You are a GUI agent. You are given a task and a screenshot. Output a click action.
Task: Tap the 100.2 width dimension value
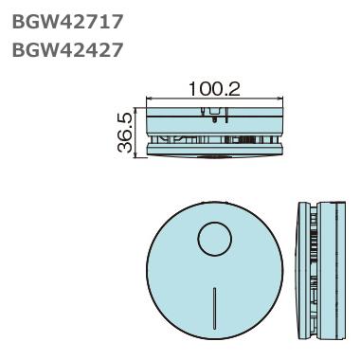point(214,89)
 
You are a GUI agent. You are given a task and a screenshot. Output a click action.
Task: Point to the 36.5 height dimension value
point(124,133)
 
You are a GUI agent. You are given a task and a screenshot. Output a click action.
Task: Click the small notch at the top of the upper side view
point(215,115)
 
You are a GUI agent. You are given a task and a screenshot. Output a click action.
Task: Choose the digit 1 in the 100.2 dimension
point(192,89)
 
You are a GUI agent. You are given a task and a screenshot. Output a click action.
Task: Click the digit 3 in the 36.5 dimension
point(124,148)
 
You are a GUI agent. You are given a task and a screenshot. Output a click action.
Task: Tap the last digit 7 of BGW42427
point(117,50)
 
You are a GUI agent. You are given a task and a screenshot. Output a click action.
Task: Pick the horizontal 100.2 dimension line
point(215,99)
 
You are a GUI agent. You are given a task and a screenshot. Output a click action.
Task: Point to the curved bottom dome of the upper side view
point(215,158)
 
